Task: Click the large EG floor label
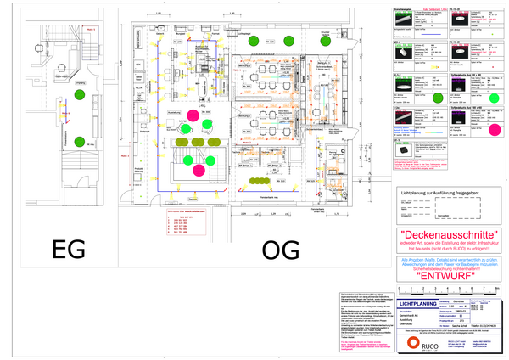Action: (68, 250)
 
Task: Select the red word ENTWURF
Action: (445, 277)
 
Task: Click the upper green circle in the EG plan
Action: (77, 95)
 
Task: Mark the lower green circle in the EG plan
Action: (77, 140)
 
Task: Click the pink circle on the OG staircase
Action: (199, 170)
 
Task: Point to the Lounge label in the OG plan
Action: (184, 121)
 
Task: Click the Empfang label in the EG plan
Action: (79, 82)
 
